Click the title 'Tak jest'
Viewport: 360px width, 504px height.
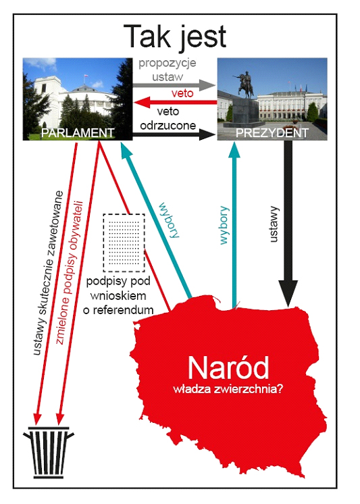[175, 37]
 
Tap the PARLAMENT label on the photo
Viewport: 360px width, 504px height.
[78, 132]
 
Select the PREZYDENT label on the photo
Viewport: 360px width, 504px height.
[272, 132]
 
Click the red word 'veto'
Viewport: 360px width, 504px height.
[182, 93]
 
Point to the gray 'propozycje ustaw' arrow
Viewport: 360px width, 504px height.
[174, 85]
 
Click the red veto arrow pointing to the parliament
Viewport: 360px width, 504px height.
[176, 103]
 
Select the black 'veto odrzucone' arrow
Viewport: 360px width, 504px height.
[174, 134]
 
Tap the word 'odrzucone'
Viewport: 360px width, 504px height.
[168, 126]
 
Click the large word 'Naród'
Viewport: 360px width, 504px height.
[228, 368]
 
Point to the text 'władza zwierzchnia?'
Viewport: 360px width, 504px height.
[228, 389]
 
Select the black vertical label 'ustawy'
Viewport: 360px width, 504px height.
[273, 224]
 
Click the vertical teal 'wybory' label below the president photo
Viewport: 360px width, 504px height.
[224, 226]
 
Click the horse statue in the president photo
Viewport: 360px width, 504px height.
[245, 84]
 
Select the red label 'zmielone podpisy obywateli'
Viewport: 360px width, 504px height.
[70, 272]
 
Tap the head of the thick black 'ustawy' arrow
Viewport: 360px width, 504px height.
[288, 293]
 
